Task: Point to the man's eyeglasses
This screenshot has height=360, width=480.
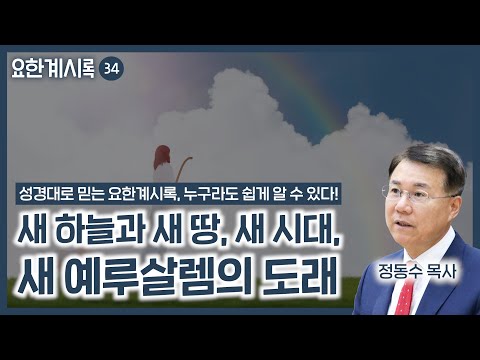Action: click(407, 193)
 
